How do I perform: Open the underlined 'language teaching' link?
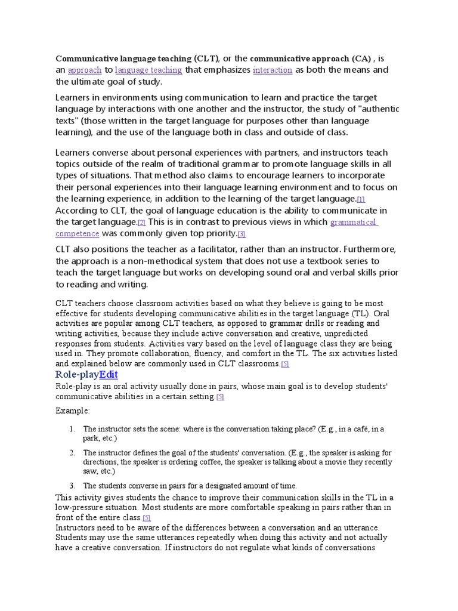tap(148, 70)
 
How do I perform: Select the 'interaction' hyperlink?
tap(273, 70)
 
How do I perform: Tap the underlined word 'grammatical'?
tap(353, 222)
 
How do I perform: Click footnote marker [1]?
tap(361, 199)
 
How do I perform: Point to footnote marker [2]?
tap(141, 223)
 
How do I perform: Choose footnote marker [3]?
tap(242, 234)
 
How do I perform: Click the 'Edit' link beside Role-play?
tap(109, 374)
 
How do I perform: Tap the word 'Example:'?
tap(73, 411)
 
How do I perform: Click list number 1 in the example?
tap(71, 428)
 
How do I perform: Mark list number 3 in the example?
tap(71, 486)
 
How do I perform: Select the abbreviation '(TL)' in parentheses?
tap(361, 314)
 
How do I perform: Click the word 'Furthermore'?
tap(372, 249)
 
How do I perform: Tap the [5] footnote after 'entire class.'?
tap(147, 517)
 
